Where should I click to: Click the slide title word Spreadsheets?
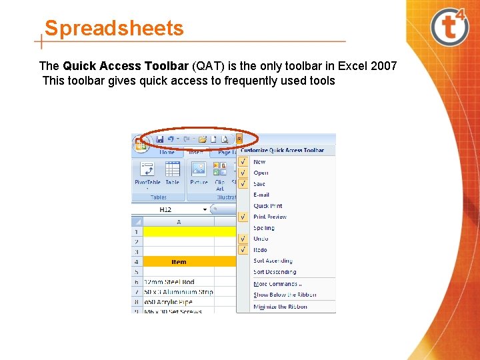tap(113, 29)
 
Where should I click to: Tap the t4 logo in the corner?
tap(450, 27)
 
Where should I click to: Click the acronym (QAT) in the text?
tap(209, 66)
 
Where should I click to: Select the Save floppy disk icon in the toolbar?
tap(160, 139)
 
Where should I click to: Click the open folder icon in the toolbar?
tap(202, 139)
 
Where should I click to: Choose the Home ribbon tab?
tap(167, 152)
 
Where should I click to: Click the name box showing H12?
tap(167, 209)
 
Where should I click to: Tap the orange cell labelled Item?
tap(179, 262)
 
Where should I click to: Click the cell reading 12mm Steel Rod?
tap(169, 282)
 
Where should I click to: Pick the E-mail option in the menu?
tap(261, 195)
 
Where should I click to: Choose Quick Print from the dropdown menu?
tap(268, 206)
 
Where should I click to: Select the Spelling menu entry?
tap(264, 228)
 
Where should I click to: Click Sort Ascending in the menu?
tap(273, 261)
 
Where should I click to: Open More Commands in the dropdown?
tap(277, 284)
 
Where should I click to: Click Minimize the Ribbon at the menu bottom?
tap(280, 307)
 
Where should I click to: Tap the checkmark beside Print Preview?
tap(243, 217)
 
